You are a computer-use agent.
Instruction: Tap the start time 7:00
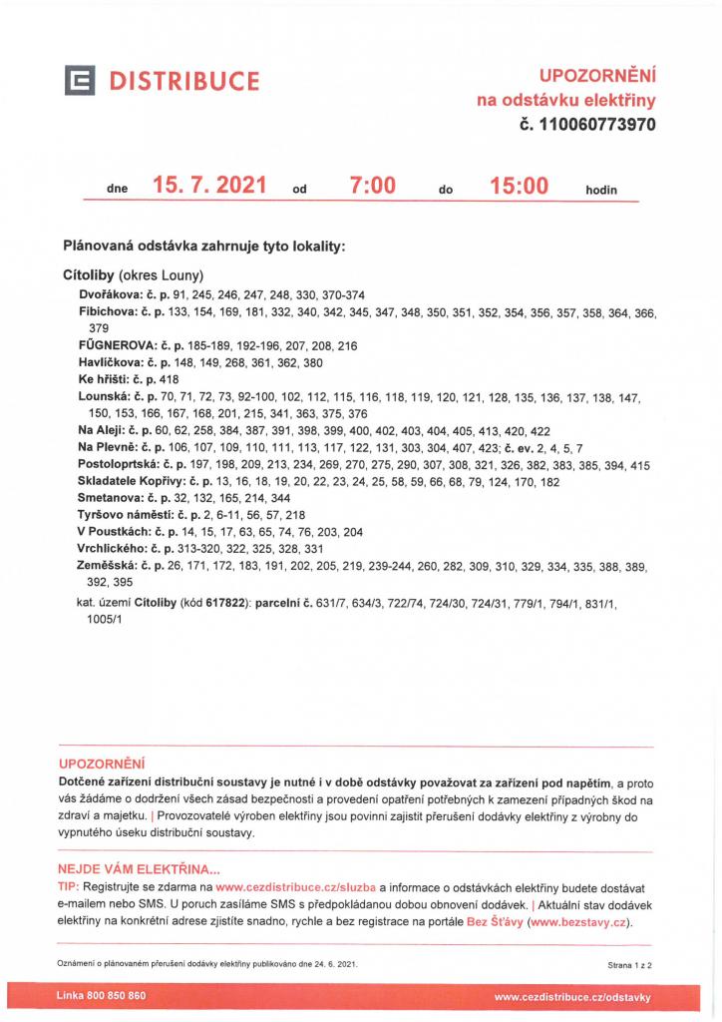373,185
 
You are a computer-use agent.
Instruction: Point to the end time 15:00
520,185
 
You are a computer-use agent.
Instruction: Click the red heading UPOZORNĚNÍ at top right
597,76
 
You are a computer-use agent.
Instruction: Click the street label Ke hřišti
104,379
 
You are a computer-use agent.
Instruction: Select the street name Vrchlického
112,549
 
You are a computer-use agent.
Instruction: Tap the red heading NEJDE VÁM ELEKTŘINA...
139,869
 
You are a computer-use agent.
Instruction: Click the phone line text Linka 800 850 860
102,995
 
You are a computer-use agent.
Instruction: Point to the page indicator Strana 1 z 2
635,966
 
